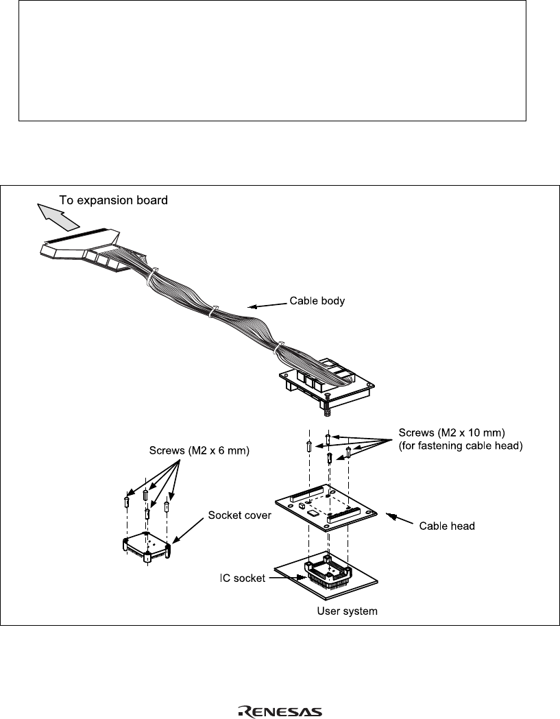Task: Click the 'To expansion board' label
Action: pos(113,200)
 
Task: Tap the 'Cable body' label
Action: pos(317,301)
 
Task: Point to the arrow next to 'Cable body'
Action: pos(267,304)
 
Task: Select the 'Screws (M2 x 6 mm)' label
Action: pos(199,451)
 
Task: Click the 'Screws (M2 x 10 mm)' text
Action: pos(452,432)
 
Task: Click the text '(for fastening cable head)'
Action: pos(461,446)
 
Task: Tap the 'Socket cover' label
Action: pos(239,515)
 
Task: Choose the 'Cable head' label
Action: pos(447,526)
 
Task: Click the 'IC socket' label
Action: pos(242,578)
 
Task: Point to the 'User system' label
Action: pos(348,611)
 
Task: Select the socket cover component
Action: pos(147,547)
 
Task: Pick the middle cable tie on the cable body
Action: pos(212,311)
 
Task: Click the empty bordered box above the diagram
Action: pos(272,60)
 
